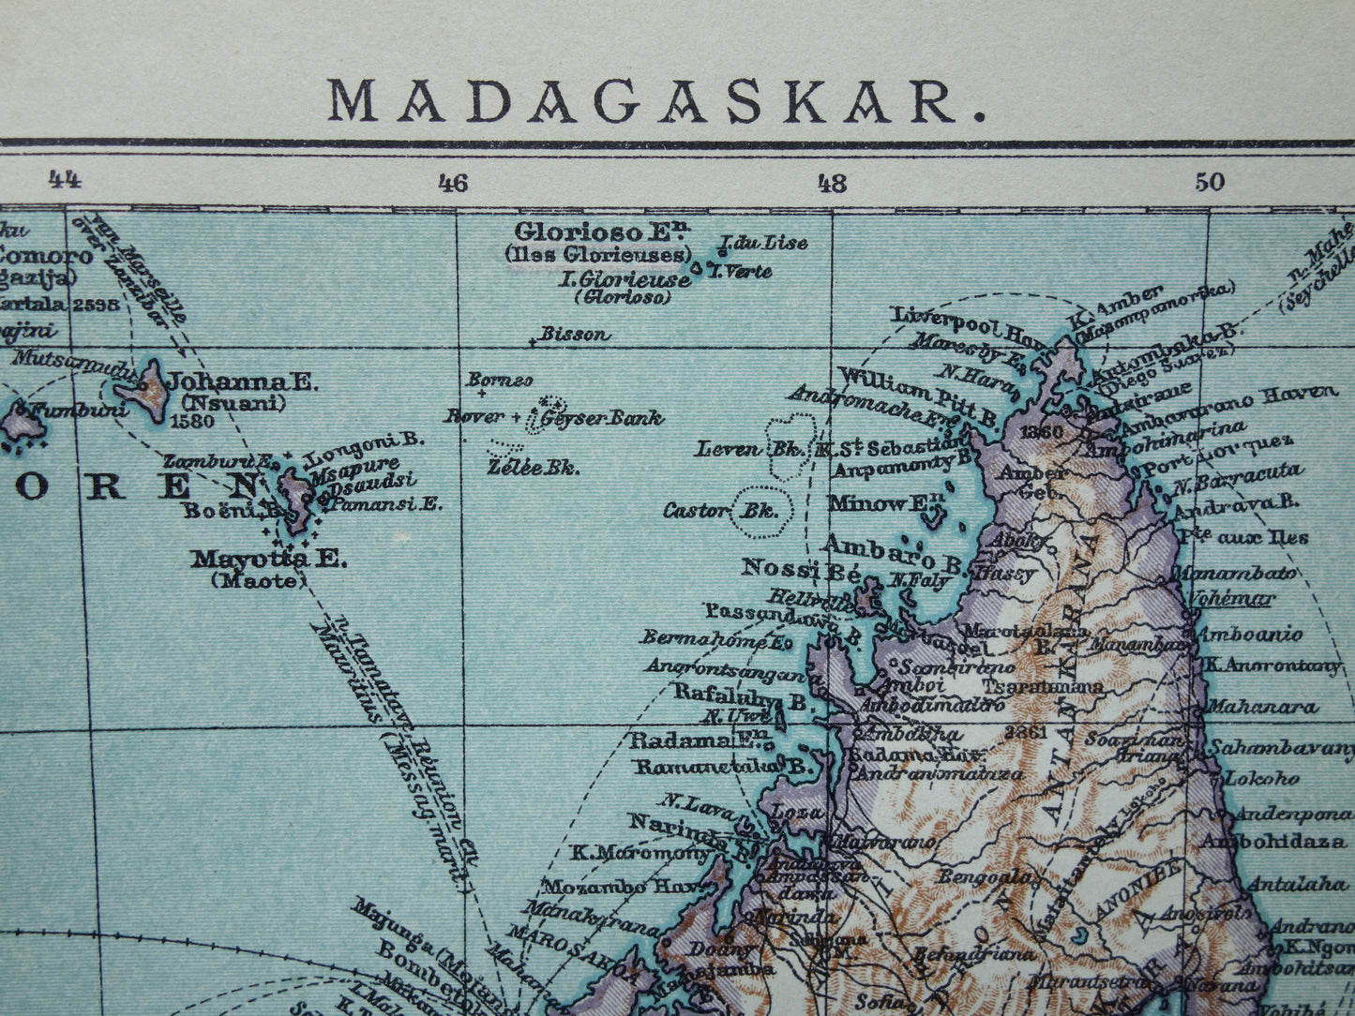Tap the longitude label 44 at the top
(x=63, y=179)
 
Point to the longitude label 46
(x=452, y=183)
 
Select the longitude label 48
(x=831, y=183)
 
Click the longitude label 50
(x=1210, y=182)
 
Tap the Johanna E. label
(x=242, y=382)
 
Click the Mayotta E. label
(x=268, y=560)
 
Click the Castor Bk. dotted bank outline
(x=762, y=512)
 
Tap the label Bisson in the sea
(x=574, y=334)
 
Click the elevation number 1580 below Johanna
(x=193, y=421)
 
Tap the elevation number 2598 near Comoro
(x=102, y=303)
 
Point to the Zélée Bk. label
(x=533, y=467)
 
